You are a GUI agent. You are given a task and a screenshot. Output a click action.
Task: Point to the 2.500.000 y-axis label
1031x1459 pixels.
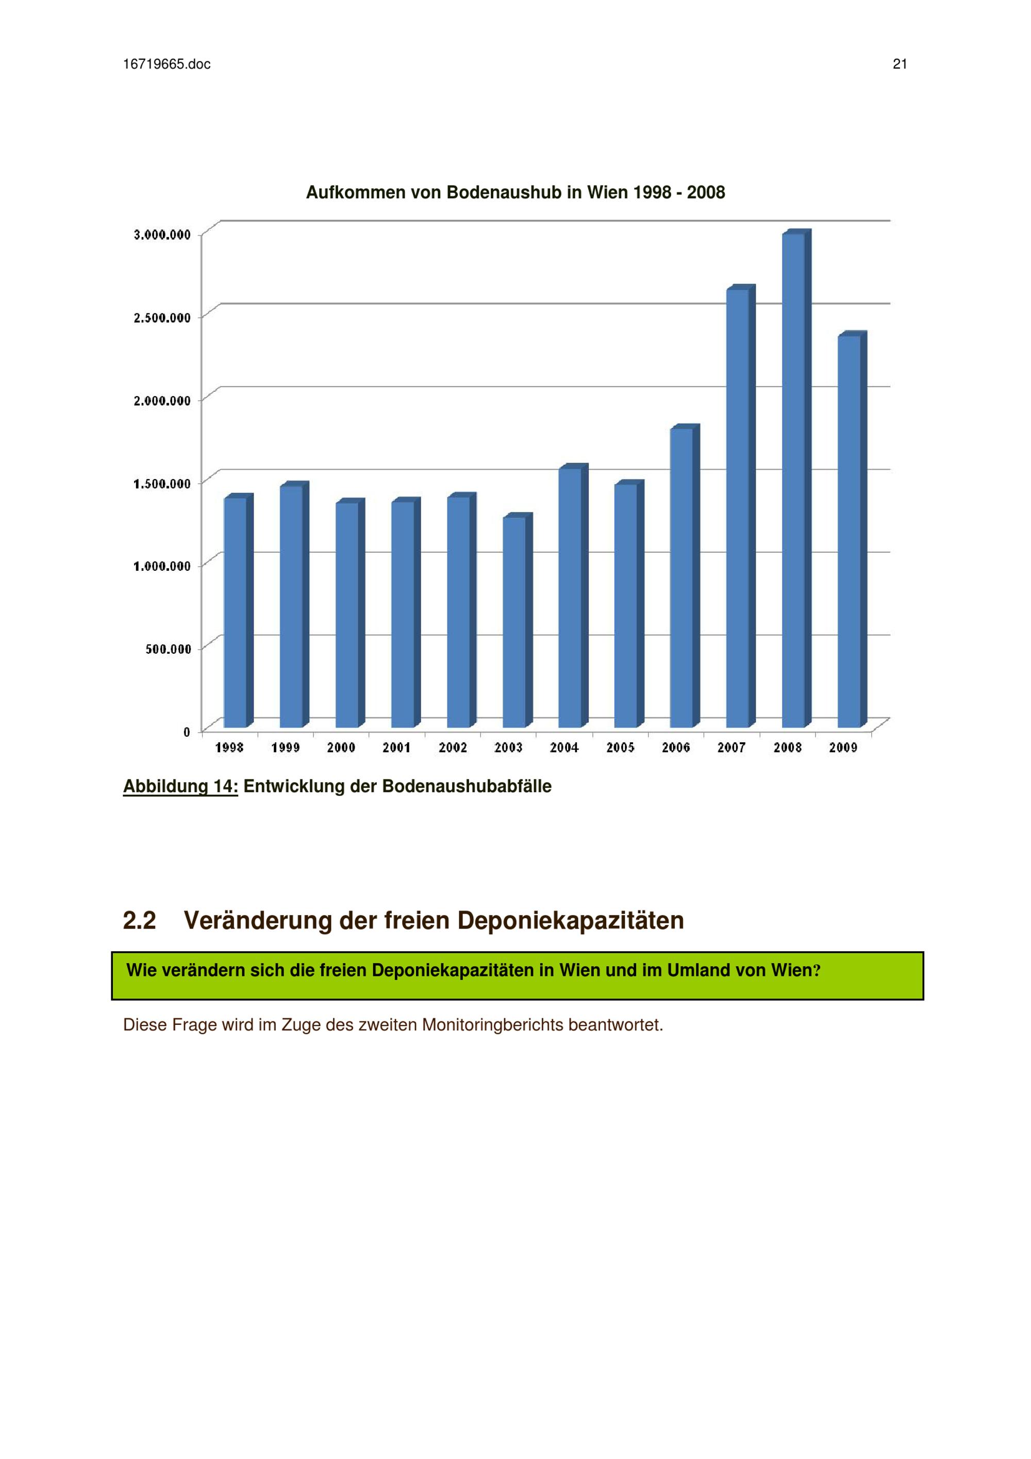162,318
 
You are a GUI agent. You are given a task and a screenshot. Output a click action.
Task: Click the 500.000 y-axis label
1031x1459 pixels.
169,649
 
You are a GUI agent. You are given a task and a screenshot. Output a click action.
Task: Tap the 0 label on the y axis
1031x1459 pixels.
187,732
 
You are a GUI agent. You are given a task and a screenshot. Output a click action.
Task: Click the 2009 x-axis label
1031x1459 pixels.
843,748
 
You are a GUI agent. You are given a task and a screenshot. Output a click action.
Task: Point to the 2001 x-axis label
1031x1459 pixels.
396,748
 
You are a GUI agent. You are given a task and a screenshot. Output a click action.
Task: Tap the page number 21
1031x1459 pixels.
900,64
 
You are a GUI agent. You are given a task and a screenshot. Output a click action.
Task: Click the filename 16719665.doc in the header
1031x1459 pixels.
167,64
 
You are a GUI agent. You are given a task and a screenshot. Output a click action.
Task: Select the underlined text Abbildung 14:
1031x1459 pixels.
180,787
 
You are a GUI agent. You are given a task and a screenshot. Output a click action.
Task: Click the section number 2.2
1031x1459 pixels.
139,921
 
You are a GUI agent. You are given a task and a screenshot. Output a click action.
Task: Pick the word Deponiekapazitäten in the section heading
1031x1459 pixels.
571,921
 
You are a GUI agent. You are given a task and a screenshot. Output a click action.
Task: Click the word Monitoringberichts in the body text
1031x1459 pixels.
492,1025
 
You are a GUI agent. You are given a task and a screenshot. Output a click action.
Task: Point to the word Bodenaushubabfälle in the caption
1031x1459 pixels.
467,787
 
